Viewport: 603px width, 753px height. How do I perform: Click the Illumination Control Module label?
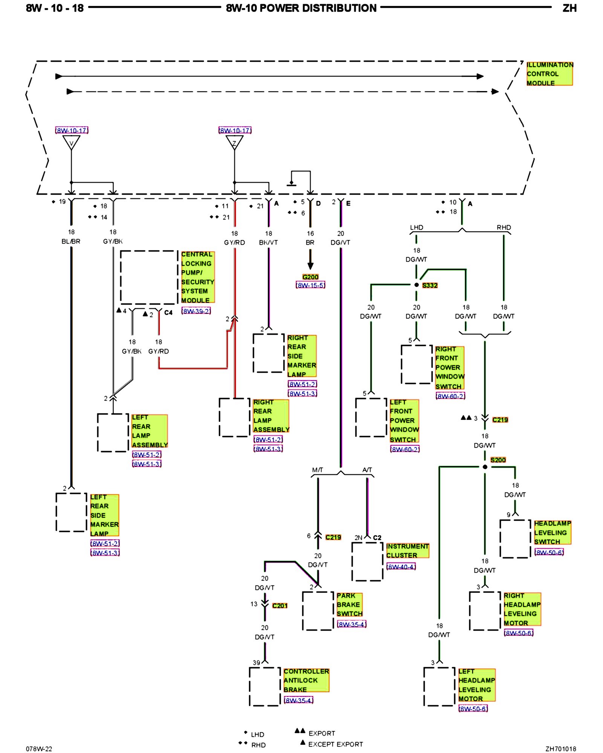[549, 74]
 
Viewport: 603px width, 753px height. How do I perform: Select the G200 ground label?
[310, 277]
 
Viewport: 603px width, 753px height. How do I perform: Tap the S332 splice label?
[430, 285]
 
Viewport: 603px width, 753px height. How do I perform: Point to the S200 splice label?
[498, 460]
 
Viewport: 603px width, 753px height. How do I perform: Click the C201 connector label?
[280, 605]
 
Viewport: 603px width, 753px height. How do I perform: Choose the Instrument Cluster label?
[407, 550]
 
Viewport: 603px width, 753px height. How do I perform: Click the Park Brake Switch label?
[349, 605]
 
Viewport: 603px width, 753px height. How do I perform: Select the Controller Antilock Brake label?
[306, 680]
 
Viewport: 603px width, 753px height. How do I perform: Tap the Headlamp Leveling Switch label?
[552, 532]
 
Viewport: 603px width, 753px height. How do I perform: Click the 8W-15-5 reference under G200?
[311, 285]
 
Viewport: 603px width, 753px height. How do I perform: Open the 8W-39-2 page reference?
[196, 311]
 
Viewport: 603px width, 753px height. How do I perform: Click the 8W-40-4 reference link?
[401, 567]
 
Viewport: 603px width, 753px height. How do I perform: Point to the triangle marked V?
[71, 142]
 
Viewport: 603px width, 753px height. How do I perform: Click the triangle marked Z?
[234, 142]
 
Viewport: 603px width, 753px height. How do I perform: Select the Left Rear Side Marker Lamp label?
[104, 515]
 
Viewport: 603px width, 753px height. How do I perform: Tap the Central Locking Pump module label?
[197, 277]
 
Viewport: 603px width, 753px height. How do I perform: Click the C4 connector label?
[168, 312]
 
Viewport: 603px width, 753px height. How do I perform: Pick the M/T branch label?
[318, 470]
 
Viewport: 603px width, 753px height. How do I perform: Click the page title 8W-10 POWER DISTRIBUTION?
[301, 8]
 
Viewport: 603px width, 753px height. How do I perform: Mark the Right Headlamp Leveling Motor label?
[522, 609]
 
